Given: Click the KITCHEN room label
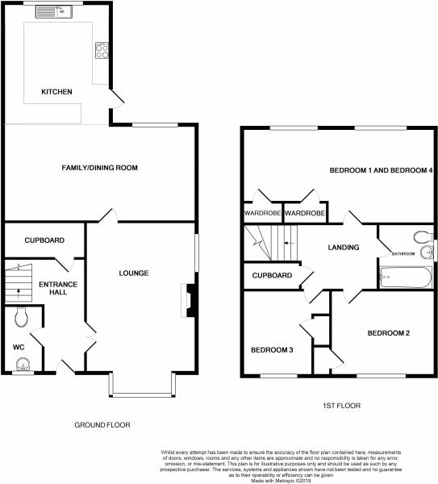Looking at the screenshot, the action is click(56, 92).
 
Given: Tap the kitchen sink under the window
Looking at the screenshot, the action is click(54, 12).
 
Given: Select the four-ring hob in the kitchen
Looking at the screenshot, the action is click(102, 51).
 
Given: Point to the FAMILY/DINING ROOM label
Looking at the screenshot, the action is click(99, 168).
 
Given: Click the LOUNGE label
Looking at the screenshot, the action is click(134, 273).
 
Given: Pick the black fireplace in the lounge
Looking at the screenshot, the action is click(191, 300).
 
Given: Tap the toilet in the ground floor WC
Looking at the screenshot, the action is click(21, 317).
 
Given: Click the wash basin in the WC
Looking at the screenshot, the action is click(23, 365).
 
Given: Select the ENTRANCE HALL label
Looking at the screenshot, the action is click(58, 288).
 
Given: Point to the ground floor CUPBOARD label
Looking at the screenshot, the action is click(44, 240).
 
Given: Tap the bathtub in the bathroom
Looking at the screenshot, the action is click(405, 277).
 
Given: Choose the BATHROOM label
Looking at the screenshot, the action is click(403, 254).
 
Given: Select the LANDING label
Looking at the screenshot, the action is click(344, 248).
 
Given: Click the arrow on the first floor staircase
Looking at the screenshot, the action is click(290, 243).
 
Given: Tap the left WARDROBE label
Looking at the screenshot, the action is click(262, 213).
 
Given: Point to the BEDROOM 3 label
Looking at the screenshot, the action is click(272, 350).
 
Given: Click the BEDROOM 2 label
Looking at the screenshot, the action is click(389, 333).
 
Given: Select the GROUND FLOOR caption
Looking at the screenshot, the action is click(102, 425).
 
